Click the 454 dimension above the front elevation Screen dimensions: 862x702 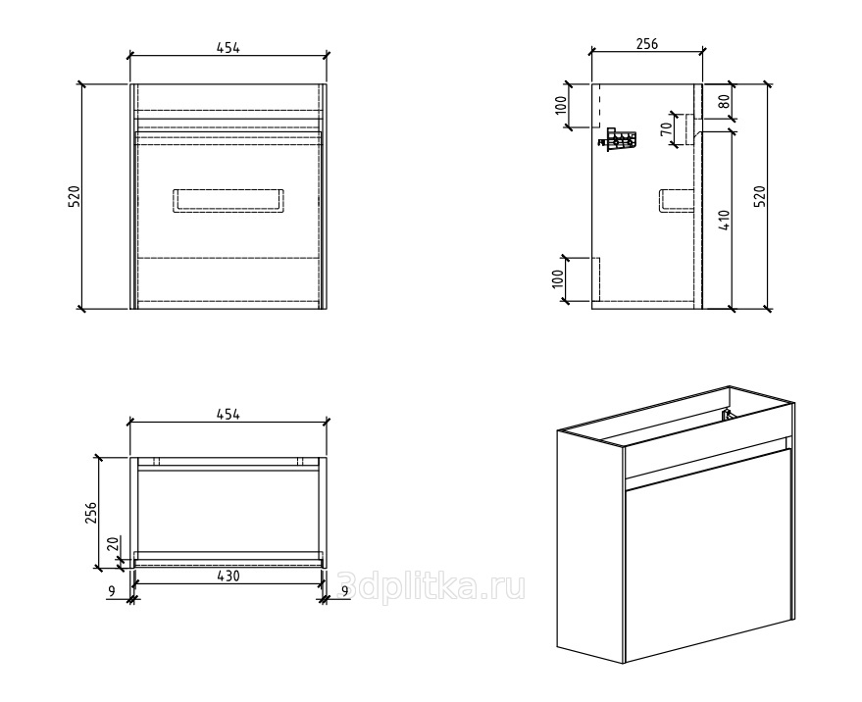coord(228,48)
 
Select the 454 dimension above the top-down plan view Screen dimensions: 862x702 coord(228,414)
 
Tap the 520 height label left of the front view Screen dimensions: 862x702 coord(75,197)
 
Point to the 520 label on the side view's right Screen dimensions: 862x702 coord(759,197)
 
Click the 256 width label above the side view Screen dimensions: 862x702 coord(647,44)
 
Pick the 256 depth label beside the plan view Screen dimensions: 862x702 coord(91,513)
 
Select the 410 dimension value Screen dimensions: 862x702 coord(724,220)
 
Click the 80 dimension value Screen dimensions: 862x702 coord(724,101)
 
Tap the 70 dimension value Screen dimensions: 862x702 coord(666,129)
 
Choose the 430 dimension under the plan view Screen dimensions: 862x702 coord(228,576)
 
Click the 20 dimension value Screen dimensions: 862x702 coord(112,544)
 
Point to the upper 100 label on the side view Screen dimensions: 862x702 coord(560,105)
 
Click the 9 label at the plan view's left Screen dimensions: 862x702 coord(112,591)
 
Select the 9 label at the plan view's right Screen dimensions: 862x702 coord(345,591)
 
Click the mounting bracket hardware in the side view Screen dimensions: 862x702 coord(618,140)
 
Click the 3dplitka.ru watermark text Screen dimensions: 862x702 coord(431,586)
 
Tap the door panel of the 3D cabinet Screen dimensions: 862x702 coord(709,556)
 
